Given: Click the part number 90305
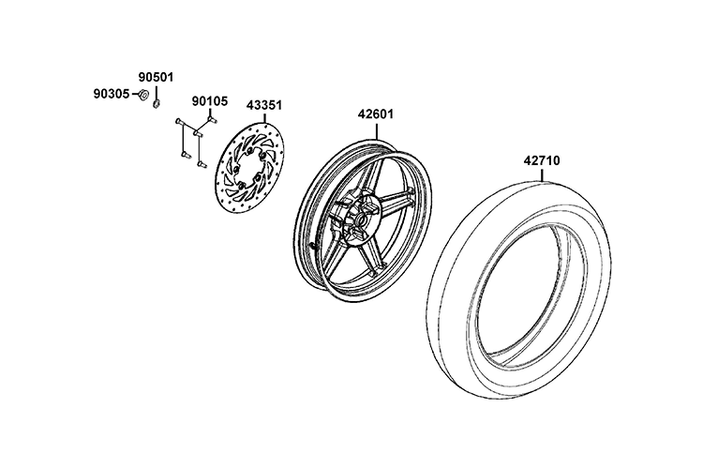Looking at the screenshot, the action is pyautogui.click(x=112, y=94).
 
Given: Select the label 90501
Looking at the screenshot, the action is pyautogui.click(x=156, y=77).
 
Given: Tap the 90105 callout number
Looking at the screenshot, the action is pyautogui.click(x=210, y=101).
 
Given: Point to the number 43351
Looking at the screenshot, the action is pyautogui.click(x=264, y=106).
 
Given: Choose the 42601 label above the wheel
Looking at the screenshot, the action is pyautogui.click(x=376, y=114).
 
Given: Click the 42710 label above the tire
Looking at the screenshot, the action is pyautogui.click(x=542, y=160).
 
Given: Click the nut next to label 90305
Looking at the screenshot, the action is pyautogui.click(x=143, y=95).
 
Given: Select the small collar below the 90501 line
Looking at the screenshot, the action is pyautogui.click(x=157, y=104).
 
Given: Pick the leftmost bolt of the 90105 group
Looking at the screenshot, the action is pyautogui.click(x=178, y=121).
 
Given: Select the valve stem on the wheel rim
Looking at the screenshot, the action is pyautogui.click(x=313, y=245).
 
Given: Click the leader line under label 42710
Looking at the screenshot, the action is pyautogui.click(x=542, y=174).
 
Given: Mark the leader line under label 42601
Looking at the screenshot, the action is pyautogui.click(x=376, y=129).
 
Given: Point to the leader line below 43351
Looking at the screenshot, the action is pyautogui.click(x=264, y=117).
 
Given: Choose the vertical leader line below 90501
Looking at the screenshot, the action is pyautogui.click(x=156, y=93).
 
